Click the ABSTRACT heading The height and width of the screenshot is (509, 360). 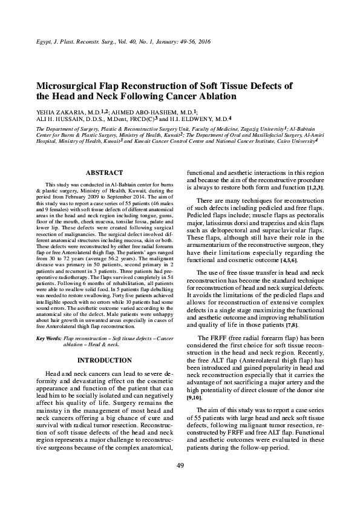[105, 172]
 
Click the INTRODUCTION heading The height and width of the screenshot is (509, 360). [105, 360]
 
